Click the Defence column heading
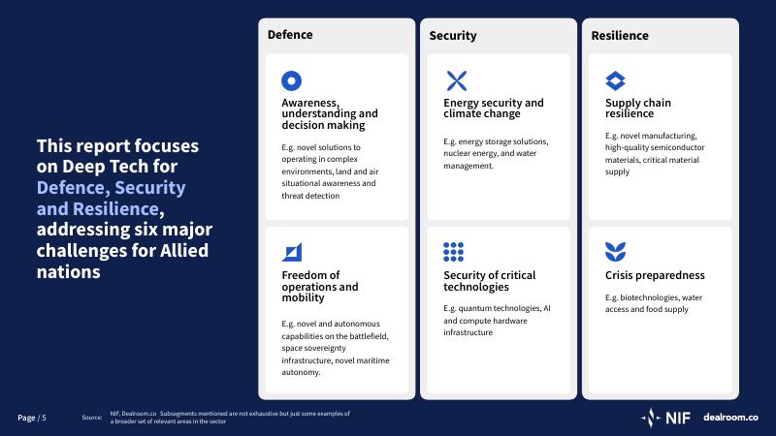(290, 35)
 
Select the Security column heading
(453, 36)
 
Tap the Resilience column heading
(620, 36)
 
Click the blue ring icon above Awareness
(292, 80)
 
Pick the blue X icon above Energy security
(456, 80)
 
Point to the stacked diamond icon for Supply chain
(615, 80)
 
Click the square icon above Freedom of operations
(292, 252)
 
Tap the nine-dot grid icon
(453, 252)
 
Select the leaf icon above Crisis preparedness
(615, 252)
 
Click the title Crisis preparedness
(655, 275)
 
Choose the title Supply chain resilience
(638, 109)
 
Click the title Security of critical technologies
(490, 281)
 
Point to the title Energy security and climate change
(494, 109)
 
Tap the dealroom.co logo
(730, 418)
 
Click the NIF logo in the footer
(665, 418)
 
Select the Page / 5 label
(32, 418)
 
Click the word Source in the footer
(92, 418)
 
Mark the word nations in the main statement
(68, 272)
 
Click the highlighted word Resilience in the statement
(115, 209)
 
